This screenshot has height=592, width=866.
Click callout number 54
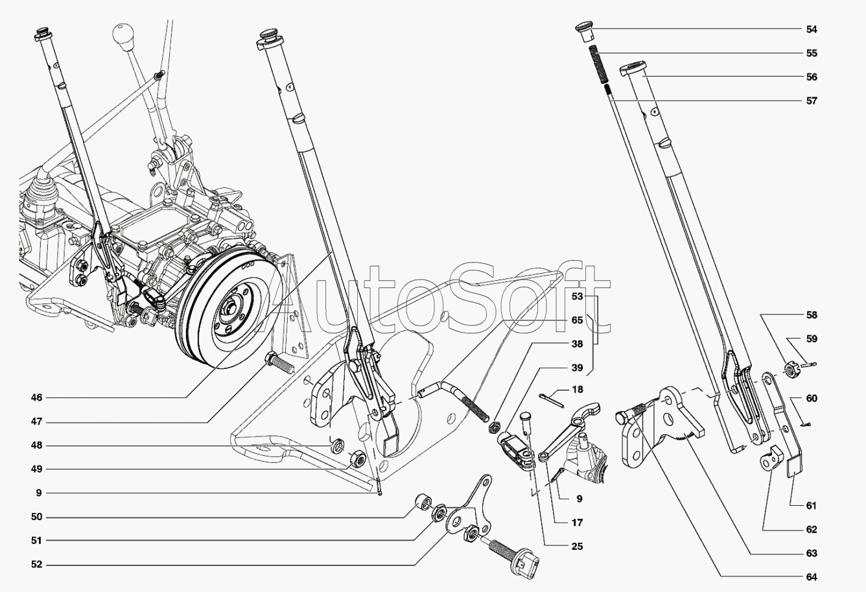pos(812,29)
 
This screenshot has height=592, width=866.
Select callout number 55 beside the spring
pos(812,53)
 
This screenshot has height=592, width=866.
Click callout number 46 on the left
pos(36,397)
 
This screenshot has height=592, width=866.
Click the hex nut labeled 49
pos(357,459)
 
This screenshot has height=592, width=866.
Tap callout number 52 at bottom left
pos(36,565)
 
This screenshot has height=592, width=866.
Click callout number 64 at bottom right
pos(812,577)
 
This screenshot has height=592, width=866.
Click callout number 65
pos(577,320)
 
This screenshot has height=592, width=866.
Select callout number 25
pos(577,547)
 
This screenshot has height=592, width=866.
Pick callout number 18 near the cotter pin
pos(577,390)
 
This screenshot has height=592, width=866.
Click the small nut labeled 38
pos(494,428)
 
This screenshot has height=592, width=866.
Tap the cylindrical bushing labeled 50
pos(424,503)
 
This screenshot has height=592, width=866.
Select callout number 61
pos(812,505)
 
